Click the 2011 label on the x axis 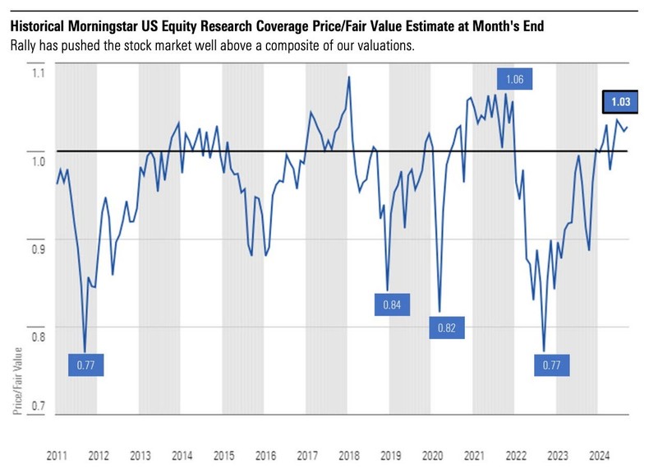(56, 455)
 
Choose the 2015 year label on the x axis (223, 455)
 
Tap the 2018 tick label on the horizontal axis (349, 455)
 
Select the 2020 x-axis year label (433, 455)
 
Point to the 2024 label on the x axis (600, 455)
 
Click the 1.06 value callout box (515, 80)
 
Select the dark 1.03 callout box (620, 103)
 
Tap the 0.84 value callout (393, 304)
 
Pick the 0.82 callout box (446, 328)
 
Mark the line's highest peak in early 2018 (350, 77)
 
